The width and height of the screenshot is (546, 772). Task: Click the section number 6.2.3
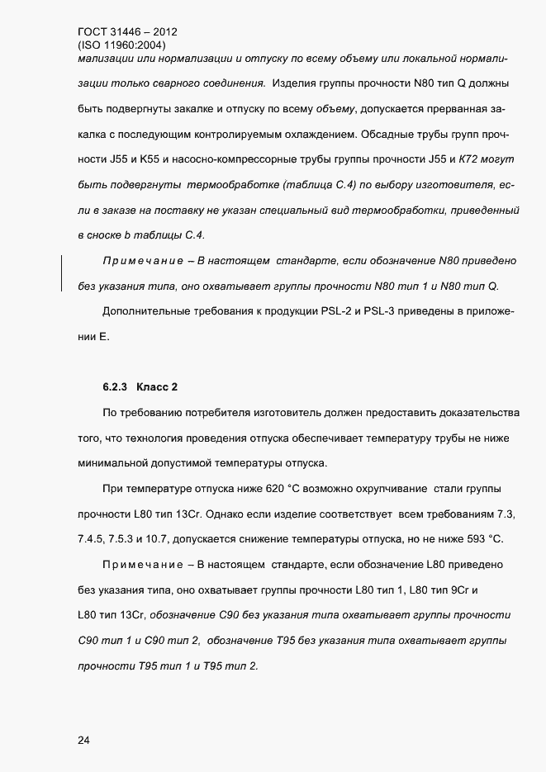pyautogui.click(x=115, y=386)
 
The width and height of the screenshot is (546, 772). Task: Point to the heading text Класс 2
pyautogui.click(x=158, y=386)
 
